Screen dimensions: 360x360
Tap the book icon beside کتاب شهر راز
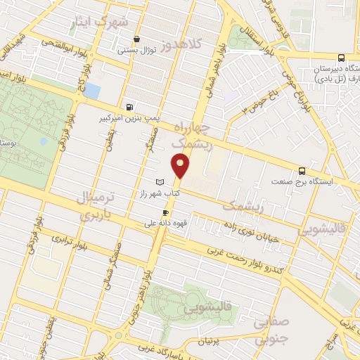point(159,181)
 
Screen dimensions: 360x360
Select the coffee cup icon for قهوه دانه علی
point(165,212)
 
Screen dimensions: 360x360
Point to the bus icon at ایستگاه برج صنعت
point(302,170)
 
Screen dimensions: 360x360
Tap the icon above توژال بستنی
point(136,39)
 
